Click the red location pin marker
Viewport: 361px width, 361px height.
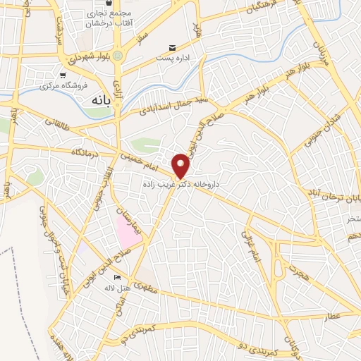(x=181, y=165)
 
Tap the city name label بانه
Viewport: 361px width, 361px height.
(x=98, y=101)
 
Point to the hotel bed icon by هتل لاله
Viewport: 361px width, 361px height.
(x=117, y=277)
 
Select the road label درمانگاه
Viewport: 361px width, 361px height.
(x=85, y=152)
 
